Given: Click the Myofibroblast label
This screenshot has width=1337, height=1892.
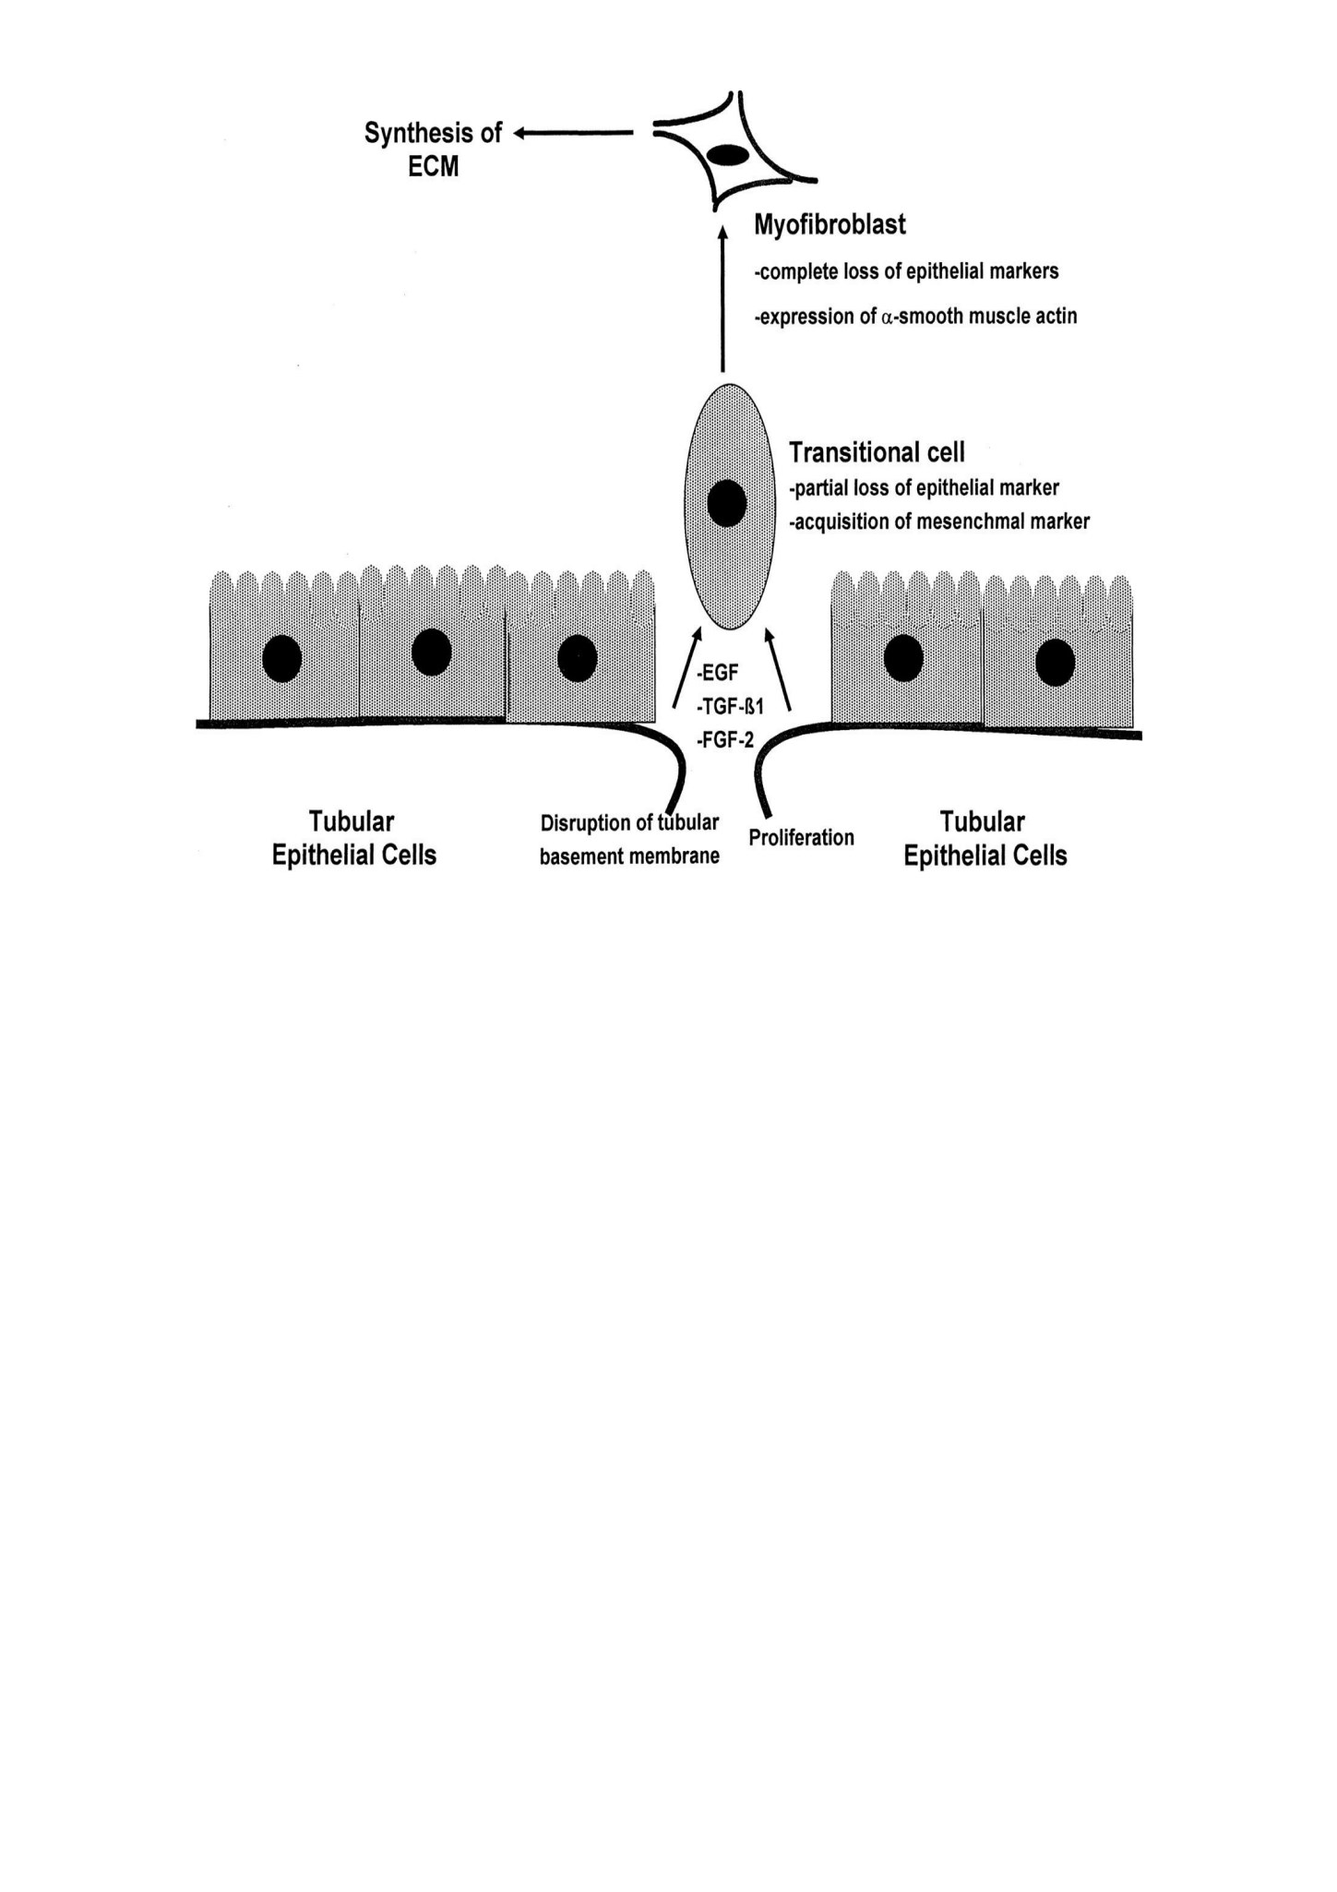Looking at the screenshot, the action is click(x=830, y=225).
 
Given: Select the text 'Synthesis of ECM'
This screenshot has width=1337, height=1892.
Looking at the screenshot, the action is click(x=433, y=149).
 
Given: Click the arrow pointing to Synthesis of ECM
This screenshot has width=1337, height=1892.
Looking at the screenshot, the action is click(x=573, y=134).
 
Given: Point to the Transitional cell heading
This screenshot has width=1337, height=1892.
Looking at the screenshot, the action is click(x=877, y=452).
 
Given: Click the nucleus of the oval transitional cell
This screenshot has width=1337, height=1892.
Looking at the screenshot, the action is click(x=727, y=504).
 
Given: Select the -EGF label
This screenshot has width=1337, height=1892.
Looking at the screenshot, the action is click(x=717, y=674).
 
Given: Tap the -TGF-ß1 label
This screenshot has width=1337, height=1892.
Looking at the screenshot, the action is click(x=730, y=707).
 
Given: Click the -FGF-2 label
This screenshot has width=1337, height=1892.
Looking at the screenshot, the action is click(x=725, y=739).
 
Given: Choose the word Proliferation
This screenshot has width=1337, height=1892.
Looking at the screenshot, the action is click(x=801, y=838).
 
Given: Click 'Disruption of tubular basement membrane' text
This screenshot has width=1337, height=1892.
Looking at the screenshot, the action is click(x=629, y=840).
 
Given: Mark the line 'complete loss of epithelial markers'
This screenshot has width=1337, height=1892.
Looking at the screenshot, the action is click(x=906, y=272).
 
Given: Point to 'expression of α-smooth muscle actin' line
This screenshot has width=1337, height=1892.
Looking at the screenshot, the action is click(x=915, y=317).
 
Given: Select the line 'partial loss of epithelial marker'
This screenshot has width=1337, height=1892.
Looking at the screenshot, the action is click(x=924, y=487).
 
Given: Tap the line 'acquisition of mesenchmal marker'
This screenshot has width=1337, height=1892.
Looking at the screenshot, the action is click(x=939, y=522).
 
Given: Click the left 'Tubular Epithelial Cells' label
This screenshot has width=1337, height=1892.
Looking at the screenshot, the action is click(x=353, y=838).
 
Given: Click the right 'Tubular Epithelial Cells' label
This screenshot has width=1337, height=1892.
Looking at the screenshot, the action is click(x=985, y=839).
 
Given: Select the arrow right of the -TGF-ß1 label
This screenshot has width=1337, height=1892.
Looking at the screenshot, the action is click(x=778, y=670).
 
